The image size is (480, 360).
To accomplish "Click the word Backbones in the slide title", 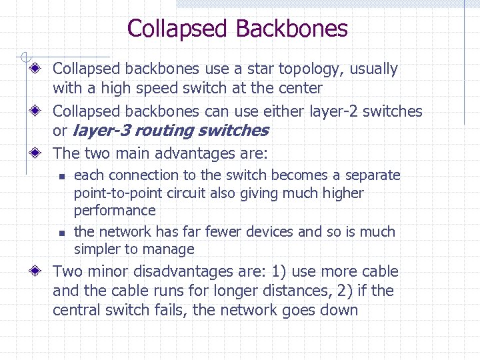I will click(291, 29).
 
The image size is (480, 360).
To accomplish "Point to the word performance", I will click(115, 211).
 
